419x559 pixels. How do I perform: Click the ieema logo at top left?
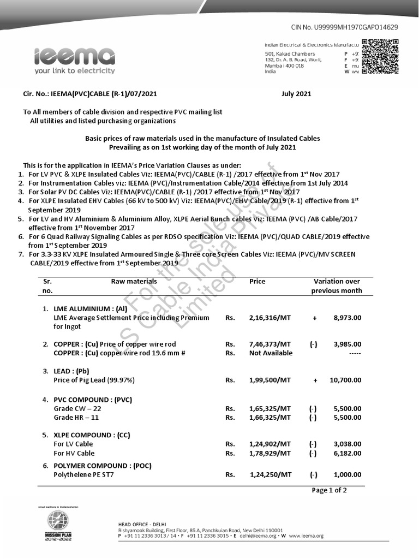click(74, 61)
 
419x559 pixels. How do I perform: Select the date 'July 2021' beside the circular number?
click(296, 94)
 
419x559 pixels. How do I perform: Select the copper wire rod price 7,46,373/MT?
click(270, 344)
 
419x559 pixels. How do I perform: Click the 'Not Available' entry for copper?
click(271, 353)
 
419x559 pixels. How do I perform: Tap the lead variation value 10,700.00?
click(345, 380)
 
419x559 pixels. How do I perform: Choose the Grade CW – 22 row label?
click(77, 408)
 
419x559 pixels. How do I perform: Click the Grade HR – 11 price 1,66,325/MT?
click(270, 418)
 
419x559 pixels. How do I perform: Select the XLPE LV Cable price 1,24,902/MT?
click(270, 444)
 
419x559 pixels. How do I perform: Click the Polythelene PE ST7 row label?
click(83, 475)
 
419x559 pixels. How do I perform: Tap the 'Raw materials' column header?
click(134, 282)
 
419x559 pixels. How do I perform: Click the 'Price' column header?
click(258, 282)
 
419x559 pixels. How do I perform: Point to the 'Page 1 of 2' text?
click(329, 490)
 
